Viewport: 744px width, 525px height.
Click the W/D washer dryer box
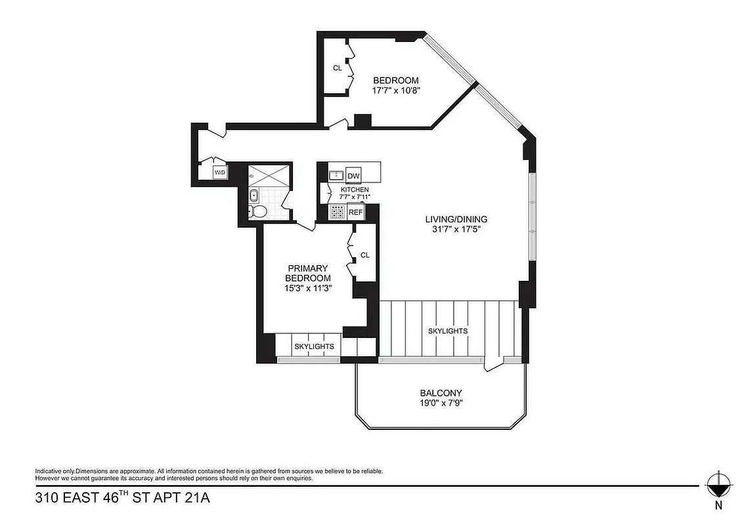click(x=219, y=173)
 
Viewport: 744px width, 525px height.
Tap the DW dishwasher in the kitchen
click(x=353, y=176)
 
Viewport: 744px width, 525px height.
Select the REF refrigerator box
click(x=355, y=212)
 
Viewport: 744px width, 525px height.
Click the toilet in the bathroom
click(x=257, y=211)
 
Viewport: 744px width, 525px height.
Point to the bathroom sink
click(x=254, y=195)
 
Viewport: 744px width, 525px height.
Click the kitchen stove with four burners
click(x=337, y=212)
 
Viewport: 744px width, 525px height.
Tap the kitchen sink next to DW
click(x=336, y=175)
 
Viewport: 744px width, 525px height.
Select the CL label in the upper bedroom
click(x=338, y=68)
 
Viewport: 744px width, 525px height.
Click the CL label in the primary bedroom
click(x=365, y=255)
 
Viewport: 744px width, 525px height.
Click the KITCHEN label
click(x=354, y=190)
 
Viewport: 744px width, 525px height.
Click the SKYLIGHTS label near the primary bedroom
click(x=313, y=346)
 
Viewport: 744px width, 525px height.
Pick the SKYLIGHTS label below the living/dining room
click(x=448, y=331)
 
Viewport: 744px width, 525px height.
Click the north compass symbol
click(x=718, y=485)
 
